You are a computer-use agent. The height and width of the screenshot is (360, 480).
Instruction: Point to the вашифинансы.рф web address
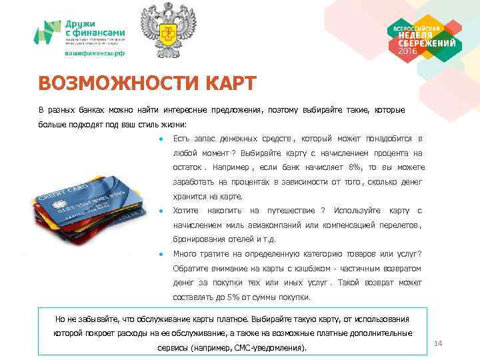[94, 53]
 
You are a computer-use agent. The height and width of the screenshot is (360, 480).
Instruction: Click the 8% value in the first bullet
[355, 167]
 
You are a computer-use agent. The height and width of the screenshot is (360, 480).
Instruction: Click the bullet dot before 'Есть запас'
[161, 139]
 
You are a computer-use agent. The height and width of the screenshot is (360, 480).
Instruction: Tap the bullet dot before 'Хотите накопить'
[161, 211]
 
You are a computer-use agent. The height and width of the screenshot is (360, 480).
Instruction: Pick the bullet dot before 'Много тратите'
[161, 254]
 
